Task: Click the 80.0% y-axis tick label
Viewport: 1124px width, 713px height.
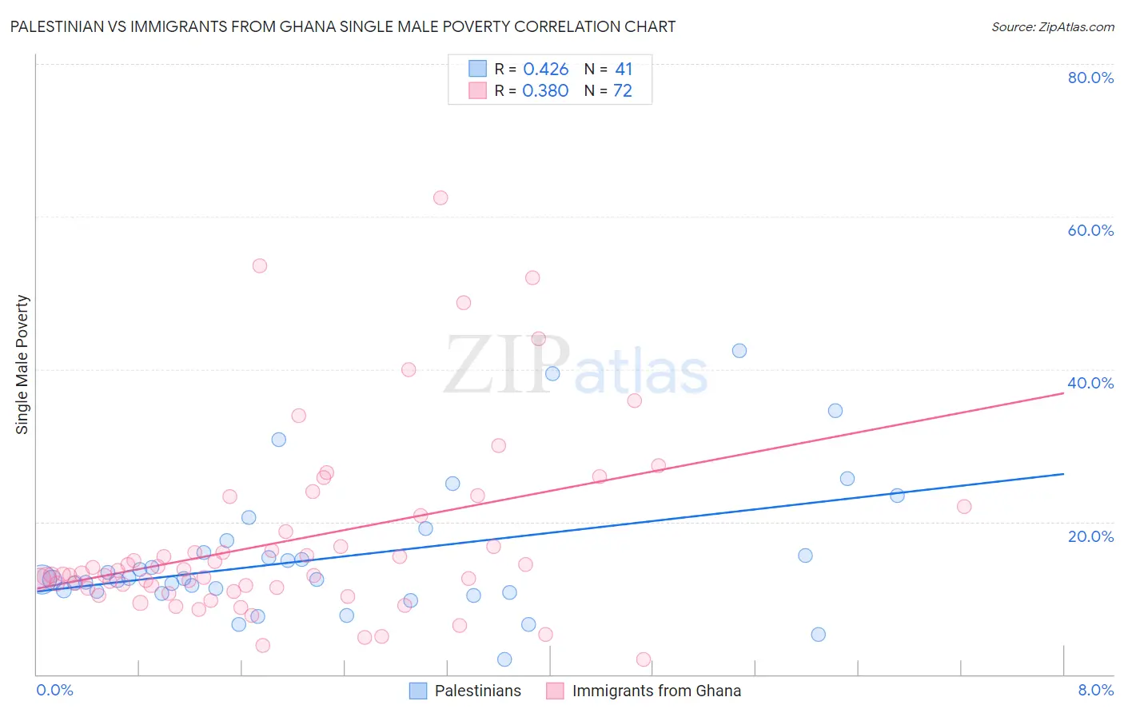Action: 1090,78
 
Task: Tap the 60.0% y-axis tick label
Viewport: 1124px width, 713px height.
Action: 1090,230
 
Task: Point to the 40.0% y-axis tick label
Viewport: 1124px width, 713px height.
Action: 1090,383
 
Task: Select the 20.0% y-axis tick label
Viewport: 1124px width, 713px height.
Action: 1090,536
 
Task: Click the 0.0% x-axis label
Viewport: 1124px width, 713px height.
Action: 54,690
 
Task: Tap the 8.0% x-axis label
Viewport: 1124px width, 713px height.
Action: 1095,690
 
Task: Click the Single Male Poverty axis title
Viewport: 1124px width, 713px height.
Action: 22,364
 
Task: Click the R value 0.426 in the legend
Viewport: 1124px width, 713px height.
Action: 545,70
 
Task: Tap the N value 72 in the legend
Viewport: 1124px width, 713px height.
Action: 622,91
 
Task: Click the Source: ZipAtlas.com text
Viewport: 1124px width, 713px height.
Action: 1052,27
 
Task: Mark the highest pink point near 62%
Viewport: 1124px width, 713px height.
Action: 440,197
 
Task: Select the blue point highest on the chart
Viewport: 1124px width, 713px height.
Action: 739,351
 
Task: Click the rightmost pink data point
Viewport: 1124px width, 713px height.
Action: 964,506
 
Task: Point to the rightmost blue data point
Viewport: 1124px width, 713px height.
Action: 897,496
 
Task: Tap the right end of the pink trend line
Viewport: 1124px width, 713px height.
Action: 1063,393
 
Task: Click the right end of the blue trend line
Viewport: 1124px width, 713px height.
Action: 1063,474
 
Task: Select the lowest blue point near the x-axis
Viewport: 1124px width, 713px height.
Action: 504,659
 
